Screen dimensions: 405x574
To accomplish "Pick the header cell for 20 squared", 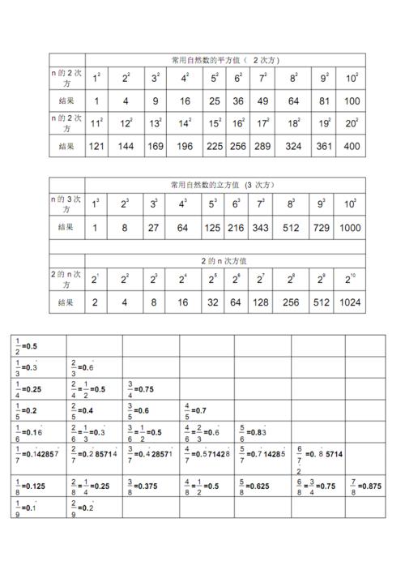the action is (351, 124).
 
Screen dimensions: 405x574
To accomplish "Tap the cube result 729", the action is (320, 228).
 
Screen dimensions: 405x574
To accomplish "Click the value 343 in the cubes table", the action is (260, 228).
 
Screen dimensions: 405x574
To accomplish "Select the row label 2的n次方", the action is (66, 280).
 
